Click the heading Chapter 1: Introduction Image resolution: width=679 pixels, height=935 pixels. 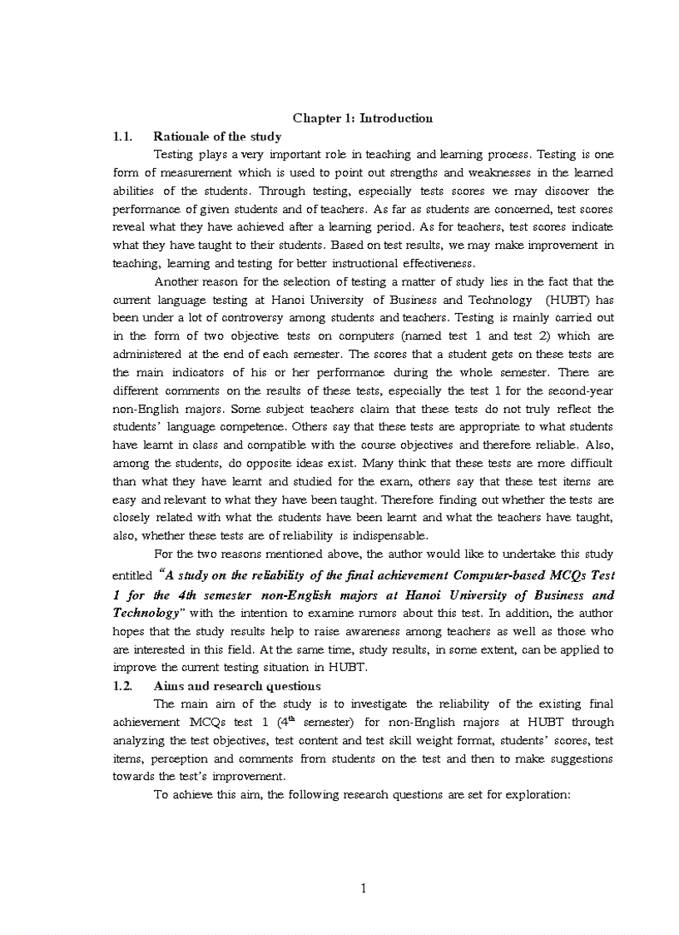point(362,118)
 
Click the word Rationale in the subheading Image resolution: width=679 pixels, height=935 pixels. point(181,137)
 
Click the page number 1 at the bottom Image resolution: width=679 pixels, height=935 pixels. point(363,888)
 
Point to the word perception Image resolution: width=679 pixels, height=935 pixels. point(179,758)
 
